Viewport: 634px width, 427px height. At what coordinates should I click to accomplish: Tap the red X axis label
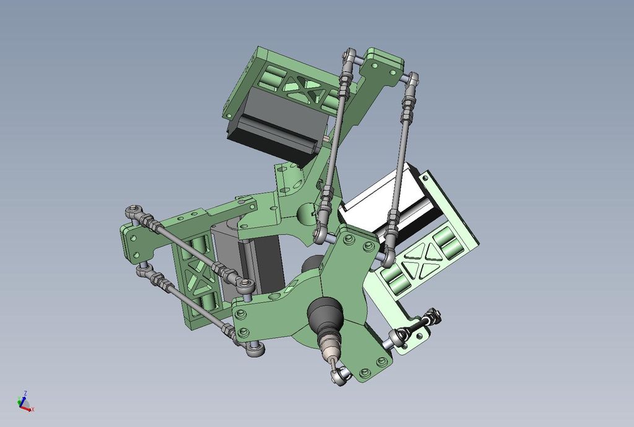coord(33,409)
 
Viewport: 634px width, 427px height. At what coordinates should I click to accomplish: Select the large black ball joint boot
coord(325,316)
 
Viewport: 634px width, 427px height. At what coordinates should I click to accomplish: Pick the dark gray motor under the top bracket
coord(272,130)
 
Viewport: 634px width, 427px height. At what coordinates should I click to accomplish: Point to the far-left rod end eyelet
coord(132,212)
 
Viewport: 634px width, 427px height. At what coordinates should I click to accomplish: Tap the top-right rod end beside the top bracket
coord(412,78)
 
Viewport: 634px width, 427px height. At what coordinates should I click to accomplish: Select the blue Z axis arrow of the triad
coord(24,400)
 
